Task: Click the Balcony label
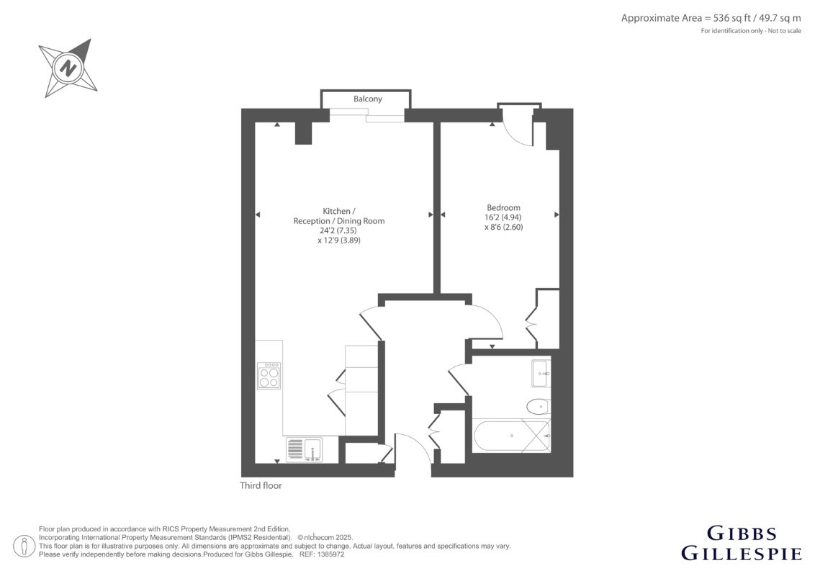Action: click(x=367, y=99)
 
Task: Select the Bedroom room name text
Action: click(x=503, y=207)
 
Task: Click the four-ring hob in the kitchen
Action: click(x=269, y=375)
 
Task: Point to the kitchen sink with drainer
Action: click(x=304, y=450)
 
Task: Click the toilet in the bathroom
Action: click(x=538, y=406)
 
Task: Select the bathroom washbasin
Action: click(x=541, y=373)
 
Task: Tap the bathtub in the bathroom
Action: click(x=511, y=436)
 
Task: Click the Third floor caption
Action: click(x=261, y=485)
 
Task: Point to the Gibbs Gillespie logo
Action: click(x=742, y=544)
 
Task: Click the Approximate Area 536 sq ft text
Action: click(x=711, y=18)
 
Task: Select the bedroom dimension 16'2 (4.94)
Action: click(x=503, y=217)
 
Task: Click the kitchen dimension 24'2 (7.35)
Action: click(x=338, y=230)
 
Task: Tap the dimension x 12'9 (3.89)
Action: click(x=339, y=240)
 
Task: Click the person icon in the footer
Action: click(x=24, y=546)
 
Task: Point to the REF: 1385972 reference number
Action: click(x=323, y=554)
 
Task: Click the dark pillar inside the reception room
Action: click(x=304, y=133)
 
